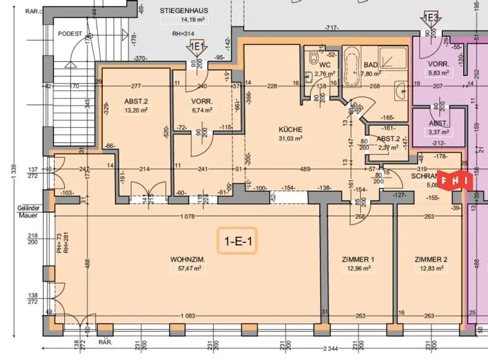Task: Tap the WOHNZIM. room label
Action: pyautogui.click(x=188, y=260)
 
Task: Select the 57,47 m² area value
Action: pyautogui.click(x=188, y=268)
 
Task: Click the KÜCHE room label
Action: pyautogui.click(x=291, y=130)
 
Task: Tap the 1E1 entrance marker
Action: pyautogui.click(x=197, y=47)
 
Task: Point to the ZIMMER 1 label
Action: pyautogui.click(x=358, y=260)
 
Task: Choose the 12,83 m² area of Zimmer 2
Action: pyautogui.click(x=431, y=268)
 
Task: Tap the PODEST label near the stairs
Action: pyautogui.click(x=70, y=34)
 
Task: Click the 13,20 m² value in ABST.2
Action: pyautogui.click(x=136, y=110)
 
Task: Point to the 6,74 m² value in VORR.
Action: pyautogui.click(x=202, y=110)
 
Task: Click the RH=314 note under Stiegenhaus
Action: pyautogui.click(x=183, y=34)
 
